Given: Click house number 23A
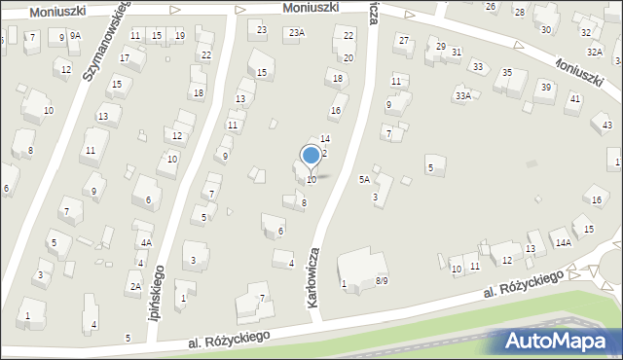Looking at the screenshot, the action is [x=296, y=33].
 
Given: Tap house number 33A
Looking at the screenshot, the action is [x=463, y=95].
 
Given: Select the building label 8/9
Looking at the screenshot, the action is [x=382, y=281].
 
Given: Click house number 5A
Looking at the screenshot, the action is [x=364, y=180].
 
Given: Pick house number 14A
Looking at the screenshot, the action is [x=563, y=243].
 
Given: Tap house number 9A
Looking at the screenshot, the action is [x=75, y=36].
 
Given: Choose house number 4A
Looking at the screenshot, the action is [x=146, y=243].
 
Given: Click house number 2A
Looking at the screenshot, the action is [x=136, y=287].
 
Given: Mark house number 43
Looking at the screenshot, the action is [x=607, y=126].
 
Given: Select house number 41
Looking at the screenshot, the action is [x=575, y=98].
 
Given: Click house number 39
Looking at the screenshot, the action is [x=546, y=87].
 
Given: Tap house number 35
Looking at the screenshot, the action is [x=507, y=73].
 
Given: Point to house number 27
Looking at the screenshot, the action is [x=404, y=40].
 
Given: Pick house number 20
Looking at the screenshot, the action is [x=348, y=58].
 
